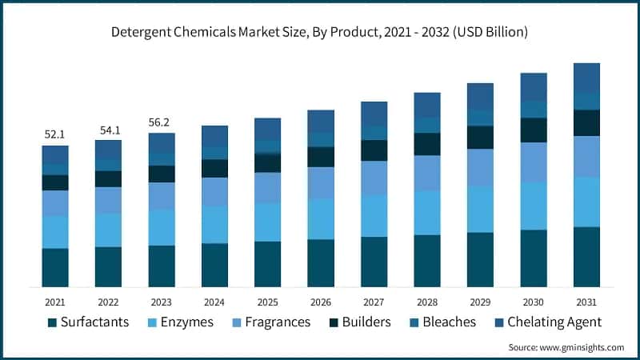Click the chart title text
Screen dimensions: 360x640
pyautogui.click(x=320, y=33)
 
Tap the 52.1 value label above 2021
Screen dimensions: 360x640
pyautogui.click(x=55, y=134)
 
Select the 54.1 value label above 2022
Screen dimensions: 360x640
pyautogui.click(x=108, y=130)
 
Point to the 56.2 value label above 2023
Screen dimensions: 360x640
pyautogui.click(x=162, y=122)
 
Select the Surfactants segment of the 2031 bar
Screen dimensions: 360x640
pyautogui.click(x=586, y=257)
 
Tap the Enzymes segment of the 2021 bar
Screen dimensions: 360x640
pyautogui.click(x=55, y=232)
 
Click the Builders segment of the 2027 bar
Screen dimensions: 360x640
pyautogui.click(x=374, y=150)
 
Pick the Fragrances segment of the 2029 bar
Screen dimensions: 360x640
pyautogui.click(x=480, y=167)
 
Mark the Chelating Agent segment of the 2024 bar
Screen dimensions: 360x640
pyautogui.click(x=214, y=136)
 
